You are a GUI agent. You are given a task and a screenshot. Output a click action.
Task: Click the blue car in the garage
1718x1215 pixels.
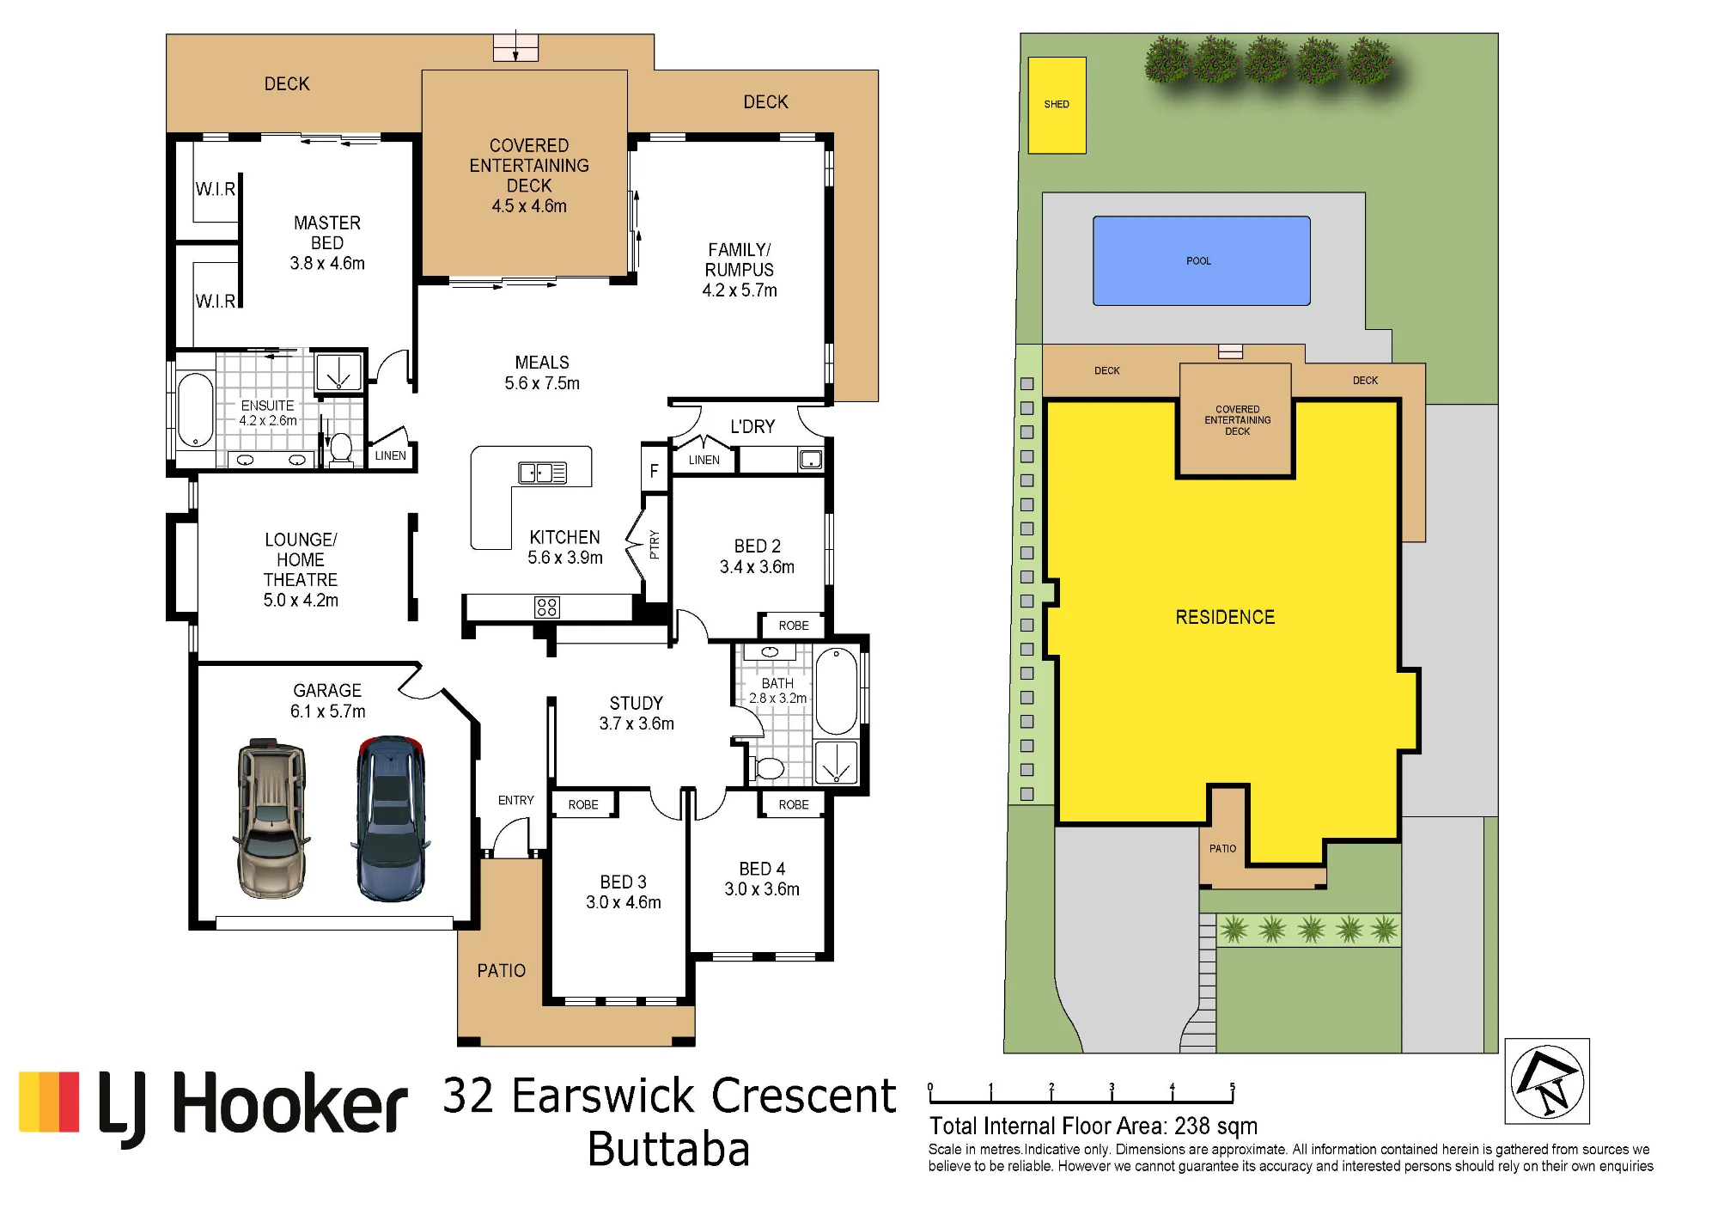pyautogui.click(x=391, y=818)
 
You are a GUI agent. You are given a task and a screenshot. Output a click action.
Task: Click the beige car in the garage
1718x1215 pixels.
pyautogui.click(x=271, y=818)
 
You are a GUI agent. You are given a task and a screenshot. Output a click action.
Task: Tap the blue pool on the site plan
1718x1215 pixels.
pyautogui.click(x=1201, y=260)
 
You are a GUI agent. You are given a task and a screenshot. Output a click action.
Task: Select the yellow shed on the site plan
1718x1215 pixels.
pyautogui.click(x=1057, y=105)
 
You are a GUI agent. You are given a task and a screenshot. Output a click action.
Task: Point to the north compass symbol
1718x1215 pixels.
pyautogui.click(x=1547, y=1081)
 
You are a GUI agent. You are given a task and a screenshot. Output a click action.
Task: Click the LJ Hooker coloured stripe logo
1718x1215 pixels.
pyautogui.click(x=49, y=1102)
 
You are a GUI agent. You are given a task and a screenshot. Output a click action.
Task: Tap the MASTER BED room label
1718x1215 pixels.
pyautogui.click(x=327, y=233)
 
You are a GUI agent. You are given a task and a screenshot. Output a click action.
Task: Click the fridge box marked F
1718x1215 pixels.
pyautogui.click(x=655, y=469)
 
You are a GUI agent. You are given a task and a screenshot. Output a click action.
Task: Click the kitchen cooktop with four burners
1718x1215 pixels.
pyautogui.click(x=547, y=607)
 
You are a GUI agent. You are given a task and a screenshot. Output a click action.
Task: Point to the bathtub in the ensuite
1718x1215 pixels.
pyautogui.click(x=196, y=410)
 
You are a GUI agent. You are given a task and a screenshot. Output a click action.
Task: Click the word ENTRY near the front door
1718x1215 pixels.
pyautogui.click(x=515, y=800)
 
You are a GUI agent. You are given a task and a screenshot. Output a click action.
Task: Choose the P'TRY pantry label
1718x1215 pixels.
pyautogui.click(x=654, y=544)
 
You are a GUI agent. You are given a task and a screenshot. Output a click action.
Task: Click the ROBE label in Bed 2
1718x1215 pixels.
pyautogui.click(x=794, y=626)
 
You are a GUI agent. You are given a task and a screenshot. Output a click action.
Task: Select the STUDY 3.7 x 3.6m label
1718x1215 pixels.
pyautogui.click(x=637, y=713)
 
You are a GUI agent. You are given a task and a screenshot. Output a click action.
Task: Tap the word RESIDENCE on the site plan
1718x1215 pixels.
pyautogui.click(x=1225, y=617)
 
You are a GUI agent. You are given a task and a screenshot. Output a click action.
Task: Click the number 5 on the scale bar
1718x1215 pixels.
pyautogui.click(x=1232, y=1087)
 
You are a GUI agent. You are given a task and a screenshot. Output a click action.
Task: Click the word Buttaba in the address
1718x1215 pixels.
pyautogui.click(x=669, y=1150)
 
